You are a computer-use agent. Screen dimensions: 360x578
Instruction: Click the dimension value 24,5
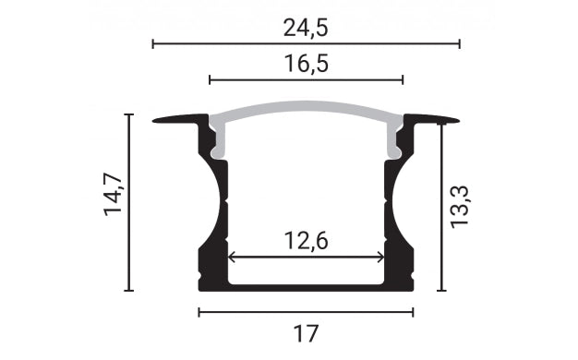click(306, 28)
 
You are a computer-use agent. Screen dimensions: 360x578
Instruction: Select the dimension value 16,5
click(306, 64)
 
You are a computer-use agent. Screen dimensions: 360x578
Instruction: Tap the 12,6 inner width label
click(306, 241)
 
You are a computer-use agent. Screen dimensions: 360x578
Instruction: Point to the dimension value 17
click(306, 330)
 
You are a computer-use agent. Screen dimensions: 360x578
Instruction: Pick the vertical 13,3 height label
click(461, 205)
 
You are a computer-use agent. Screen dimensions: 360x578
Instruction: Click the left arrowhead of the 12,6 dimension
click(231, 257)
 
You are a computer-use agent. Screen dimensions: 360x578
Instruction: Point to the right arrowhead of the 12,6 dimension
click(380, 257)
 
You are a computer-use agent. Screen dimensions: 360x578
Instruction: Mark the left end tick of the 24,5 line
click(152, 43)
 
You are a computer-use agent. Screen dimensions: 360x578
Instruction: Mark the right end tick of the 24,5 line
click(459, 43)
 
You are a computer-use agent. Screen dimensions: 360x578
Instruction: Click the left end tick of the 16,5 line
click(210, 80)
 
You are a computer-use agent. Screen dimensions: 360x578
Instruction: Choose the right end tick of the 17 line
click(413, 312)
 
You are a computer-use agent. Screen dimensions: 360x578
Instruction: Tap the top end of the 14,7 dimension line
click(129, 114)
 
